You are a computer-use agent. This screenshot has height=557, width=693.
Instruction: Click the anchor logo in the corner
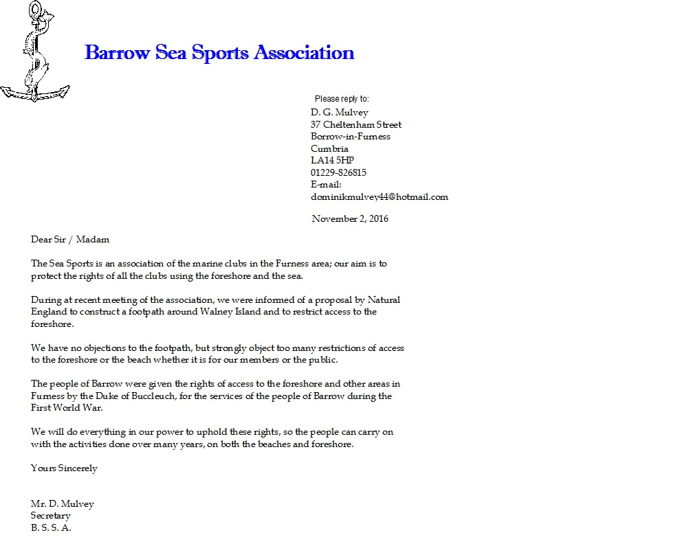34,53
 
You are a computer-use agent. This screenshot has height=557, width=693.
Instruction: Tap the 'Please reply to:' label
342,99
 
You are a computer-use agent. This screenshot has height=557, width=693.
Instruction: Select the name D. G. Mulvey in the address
339,113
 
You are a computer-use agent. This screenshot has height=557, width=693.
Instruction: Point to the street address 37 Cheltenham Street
356,125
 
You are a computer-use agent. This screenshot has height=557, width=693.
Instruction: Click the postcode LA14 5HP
332,161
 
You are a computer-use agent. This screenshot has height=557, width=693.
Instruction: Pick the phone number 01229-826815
338,173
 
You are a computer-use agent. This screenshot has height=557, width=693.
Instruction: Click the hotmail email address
379,197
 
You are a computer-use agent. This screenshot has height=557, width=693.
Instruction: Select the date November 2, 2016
350,219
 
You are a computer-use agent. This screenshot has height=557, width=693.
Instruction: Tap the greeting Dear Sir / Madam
70,240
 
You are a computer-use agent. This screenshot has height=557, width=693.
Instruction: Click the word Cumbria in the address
329,149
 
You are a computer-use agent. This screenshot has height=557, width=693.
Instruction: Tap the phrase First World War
67,408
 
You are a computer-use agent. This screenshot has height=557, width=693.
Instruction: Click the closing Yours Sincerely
64,468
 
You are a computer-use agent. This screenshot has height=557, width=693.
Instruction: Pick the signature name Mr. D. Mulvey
62,504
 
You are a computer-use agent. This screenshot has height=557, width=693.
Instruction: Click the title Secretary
50,516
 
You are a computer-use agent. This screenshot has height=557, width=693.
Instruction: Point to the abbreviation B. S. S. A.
51,528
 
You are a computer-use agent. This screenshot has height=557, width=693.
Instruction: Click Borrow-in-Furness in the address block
350,137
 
